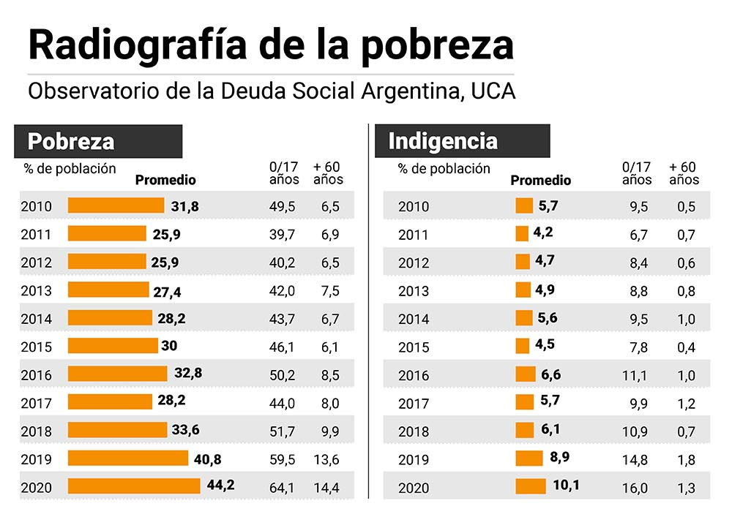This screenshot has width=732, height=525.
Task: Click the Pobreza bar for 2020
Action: click(x=134, y=486)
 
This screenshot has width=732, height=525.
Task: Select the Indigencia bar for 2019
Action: click(x=529, y=458)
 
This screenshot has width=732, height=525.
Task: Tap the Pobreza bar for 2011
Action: click(x=107, y=234)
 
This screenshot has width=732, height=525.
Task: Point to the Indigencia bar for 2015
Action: click(x=522, y=347)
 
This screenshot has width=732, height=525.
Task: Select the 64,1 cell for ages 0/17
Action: click(x=282, y=488)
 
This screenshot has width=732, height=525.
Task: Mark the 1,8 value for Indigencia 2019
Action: click(x=686, y=460)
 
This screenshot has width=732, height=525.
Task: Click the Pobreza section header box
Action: click(x=98, y=141)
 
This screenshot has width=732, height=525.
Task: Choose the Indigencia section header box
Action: click(x=463, y=141)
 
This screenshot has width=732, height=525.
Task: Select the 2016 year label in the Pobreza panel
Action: click(x=37, y=376)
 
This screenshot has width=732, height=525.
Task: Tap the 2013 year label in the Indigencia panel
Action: click(x=413, y=291)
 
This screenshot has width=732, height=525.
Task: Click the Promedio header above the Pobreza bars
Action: click(x=166, y=180)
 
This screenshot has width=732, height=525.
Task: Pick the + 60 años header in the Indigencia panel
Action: click(x=684, y=173)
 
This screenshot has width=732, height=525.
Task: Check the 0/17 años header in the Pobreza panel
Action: click(x=284, y=173)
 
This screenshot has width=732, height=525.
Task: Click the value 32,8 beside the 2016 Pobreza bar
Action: click(x=188, y=374)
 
